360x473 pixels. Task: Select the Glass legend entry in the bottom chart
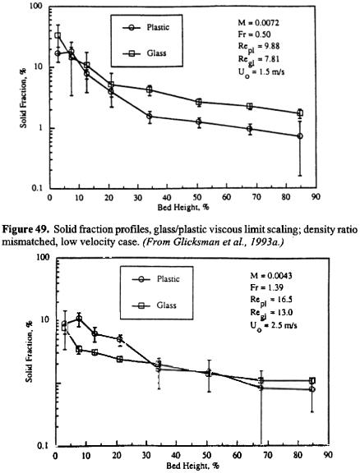pyautogui.click(x=154, y=305)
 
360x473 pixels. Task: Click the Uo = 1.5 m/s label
pyautogui.click(x=261, y=73)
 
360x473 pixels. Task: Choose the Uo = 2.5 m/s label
pyautogui.click(x=274, y=326)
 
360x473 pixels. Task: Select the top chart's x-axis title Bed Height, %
pyautogui.click(x=183, y=208)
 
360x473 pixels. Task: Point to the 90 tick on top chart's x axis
pyautogui.click(x=316, y=197)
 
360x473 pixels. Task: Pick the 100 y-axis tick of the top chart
pyautogui.click(x=39, y=7)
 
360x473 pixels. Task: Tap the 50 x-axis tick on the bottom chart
pyautogui.click(x=207, y=455)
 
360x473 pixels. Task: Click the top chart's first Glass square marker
pyautogui.click(x=58, y=35)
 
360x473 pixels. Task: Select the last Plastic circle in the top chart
pyautogui.click(x=300, y=136)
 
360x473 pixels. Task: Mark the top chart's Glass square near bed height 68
pyautogui.click(x=250, y=106)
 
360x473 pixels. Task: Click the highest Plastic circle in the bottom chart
pyautogui.click(x=79, y=319)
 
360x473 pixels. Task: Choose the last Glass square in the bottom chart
pyautogui.click(x=312, y=380)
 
